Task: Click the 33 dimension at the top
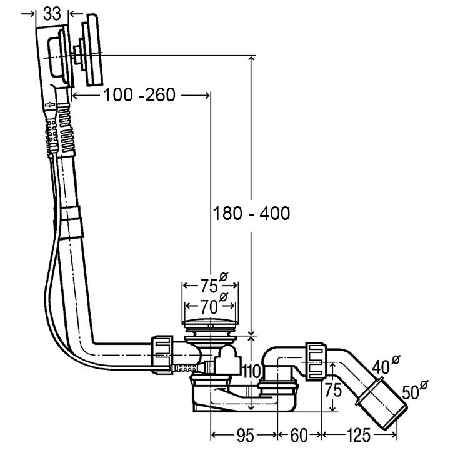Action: (52, 14)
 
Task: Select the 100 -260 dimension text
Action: (139, 95)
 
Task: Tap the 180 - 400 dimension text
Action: (251, 214)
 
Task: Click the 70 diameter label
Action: (212, 306)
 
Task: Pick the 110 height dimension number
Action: (251, 372)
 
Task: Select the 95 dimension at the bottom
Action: (246, 436)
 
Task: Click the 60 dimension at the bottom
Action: (299, 436)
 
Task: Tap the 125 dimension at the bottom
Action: (359, 436)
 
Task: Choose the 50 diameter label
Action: (414, 390)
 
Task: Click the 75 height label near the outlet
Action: (333, 390)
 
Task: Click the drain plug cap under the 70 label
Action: (211, 322)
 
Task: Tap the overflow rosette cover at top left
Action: (92, 50)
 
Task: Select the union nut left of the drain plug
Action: (162, 354)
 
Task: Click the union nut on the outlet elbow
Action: (316, 362)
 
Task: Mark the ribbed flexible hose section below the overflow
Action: (67, 127)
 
